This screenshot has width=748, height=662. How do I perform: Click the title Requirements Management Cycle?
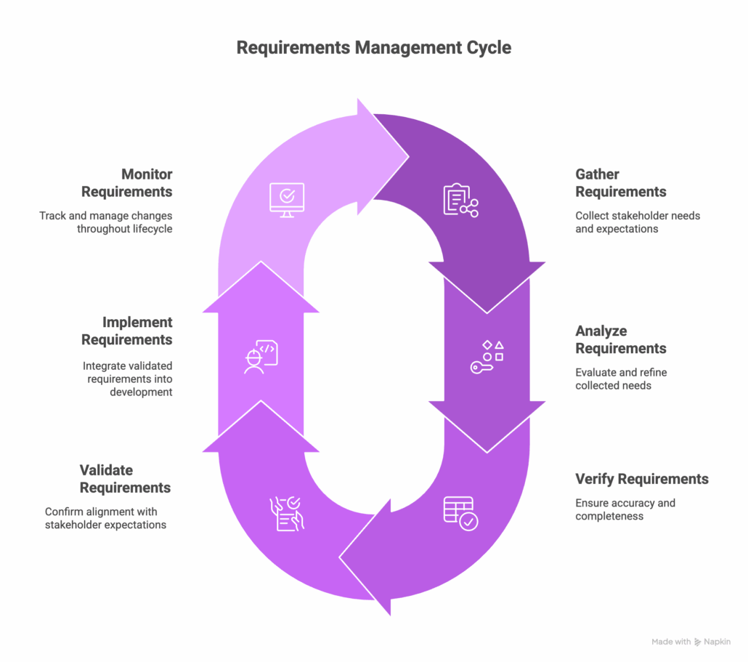click(x=374, y=48)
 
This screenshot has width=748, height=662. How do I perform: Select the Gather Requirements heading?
click(x=620, y=183)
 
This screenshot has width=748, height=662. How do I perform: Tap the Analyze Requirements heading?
click(x=620, y=339)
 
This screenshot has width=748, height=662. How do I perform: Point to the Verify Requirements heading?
click(x=641, y=479)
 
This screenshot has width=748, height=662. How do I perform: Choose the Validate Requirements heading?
click(x=126, y=479)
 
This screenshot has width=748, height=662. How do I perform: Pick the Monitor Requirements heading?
click(x=127, y=183)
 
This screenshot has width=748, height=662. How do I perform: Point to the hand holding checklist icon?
click(x=287, y=513)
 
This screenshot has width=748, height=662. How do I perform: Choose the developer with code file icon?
click(x=261, y=357)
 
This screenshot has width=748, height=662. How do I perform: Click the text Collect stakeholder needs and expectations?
click(x=637, y=222)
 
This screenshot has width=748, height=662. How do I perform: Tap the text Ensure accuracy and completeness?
click(x=625, y=509)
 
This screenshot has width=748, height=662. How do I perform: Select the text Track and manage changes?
click(x=106, y=216)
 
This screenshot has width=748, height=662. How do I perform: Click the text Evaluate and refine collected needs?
click(x=620, y=379)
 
